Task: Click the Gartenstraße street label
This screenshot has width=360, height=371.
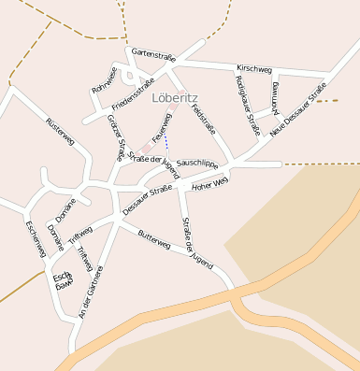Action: (x=152, y=56)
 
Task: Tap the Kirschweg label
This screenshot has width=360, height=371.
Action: (x=254, y=69)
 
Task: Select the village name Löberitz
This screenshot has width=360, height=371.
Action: (x=175, y=97)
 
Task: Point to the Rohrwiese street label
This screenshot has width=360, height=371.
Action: (x=105, y=79)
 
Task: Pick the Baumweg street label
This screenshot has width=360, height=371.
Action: (x=276, y=97)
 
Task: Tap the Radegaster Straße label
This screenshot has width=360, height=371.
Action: (x=247, y=104)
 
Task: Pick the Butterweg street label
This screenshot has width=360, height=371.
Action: (x=153, y=245)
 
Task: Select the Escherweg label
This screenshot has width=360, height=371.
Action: (x=36, y=240)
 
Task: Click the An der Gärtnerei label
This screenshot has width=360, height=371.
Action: (x=91, y=292)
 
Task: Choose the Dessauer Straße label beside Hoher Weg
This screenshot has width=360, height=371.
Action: (x=148, y=201)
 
